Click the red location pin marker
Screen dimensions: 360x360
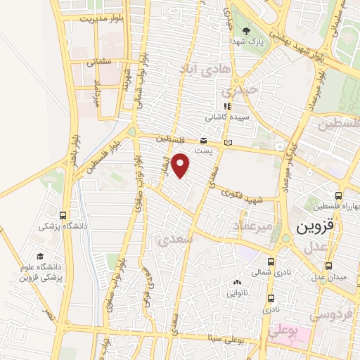(x=181, y=165)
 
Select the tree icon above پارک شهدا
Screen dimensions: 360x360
(x=246, y=31)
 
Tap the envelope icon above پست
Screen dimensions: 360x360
(x=203, y=140)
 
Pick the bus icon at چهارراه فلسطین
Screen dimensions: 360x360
(x=339, y=195)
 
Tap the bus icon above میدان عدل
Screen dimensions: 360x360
(x=328, y=266)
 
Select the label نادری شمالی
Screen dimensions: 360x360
(x=272, y=271)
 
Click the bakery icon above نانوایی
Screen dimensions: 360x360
(x=236, y=283)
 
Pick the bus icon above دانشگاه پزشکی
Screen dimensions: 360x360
(x=64, y=215)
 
